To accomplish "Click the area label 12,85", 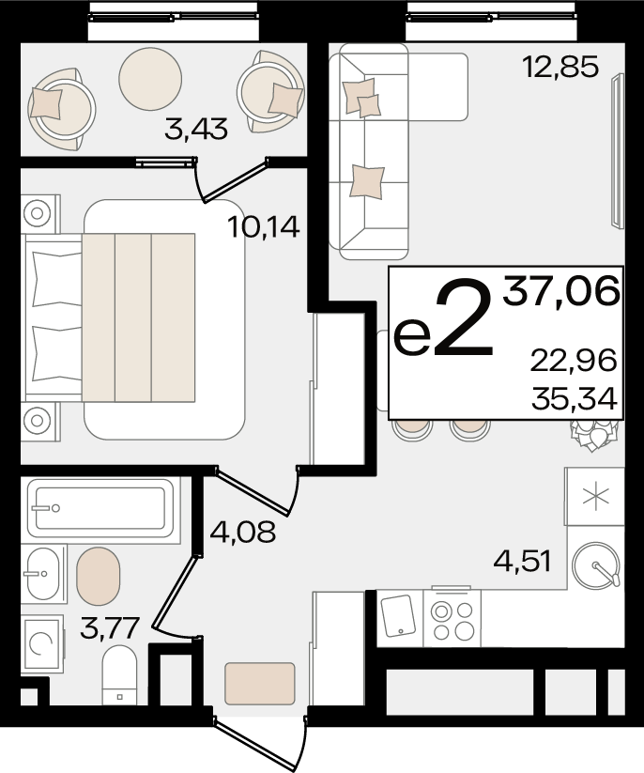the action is click(x=560, y=67).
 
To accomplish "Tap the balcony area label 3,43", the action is click(x=196, y=130).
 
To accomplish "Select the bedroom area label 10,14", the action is click(x=264, y=227).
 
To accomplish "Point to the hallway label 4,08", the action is click(x=242, y=532).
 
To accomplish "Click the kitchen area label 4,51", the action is click(x=522, y=562).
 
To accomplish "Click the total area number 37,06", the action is click(x=560, y=291).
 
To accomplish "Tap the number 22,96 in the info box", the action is click(x=574, y=361).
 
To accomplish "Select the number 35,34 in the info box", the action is click(x=575, y=399).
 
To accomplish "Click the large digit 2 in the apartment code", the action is click(x=463, y=317).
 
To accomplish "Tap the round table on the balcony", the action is click(x=150, y=78).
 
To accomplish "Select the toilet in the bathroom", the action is click(x=118, y=676).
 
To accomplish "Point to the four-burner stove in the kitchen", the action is click(x=452, y=617).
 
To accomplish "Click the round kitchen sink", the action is click(x=596, y=565).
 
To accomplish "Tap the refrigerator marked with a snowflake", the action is click(x=595, y=497).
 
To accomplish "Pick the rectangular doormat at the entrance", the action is click(x=260, y=683).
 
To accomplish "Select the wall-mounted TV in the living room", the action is click(x=617, y=151).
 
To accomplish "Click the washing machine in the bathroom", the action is click(x=42, y=644).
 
